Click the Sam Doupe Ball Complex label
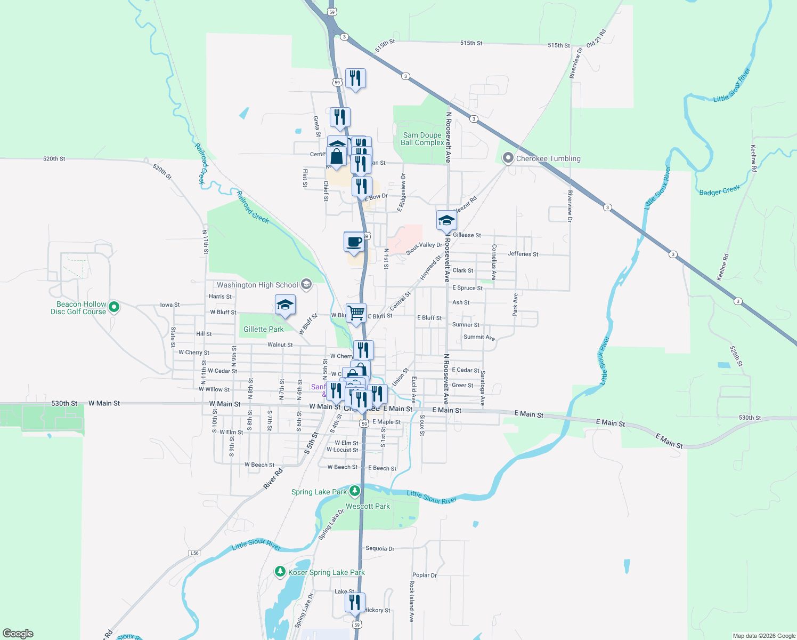pos(422,139)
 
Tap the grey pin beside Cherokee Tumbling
pos(508,158)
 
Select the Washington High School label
pos(257,285)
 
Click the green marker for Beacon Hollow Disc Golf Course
pos(113,307)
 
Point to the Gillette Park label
pos(263,329)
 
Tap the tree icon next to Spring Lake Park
pos(355,491)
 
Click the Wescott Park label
pos(368,506)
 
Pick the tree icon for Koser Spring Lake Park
pos(280,572)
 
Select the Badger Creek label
pos(720,191)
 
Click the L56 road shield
pos(194,553)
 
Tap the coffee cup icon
pos(354,242)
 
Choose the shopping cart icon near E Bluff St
pos(356,313)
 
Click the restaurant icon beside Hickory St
pos(355,603)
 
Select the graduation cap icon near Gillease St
pos(446,220)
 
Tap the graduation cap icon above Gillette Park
pos(285,305)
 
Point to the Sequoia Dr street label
pos(380,548)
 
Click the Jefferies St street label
pos(523,254)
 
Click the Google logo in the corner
pos(18,634)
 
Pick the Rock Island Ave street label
pos(411,601)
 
